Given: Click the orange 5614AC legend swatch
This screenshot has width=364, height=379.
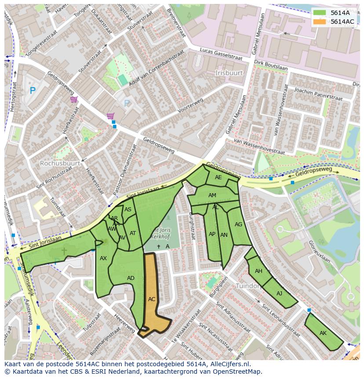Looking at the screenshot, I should (320, 22).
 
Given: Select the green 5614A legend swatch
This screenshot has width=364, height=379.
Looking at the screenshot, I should (320, 13).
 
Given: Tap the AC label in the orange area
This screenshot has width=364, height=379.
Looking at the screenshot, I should (152, 299).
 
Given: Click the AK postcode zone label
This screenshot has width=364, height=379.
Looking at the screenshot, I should (323, 333).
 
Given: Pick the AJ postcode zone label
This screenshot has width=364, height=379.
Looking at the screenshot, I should (280, 293).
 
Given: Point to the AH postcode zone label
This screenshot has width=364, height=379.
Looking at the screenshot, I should (258, 271).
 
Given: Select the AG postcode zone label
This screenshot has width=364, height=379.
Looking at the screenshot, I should (238, 224).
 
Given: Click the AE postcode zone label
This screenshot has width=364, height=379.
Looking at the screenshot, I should (218, 177).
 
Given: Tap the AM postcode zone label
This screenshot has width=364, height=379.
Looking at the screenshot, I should (212, 195).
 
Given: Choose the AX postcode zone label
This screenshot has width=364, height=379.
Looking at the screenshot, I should (103, 258).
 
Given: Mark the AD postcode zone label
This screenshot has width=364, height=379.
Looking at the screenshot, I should (131, 278).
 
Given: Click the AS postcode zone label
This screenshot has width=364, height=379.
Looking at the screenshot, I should (128, 210).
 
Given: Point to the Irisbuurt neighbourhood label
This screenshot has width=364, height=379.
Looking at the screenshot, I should (229, 72).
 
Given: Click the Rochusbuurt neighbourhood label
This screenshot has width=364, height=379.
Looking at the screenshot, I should (60, 163).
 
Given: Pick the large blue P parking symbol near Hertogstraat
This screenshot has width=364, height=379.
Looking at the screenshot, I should (32, 91).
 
